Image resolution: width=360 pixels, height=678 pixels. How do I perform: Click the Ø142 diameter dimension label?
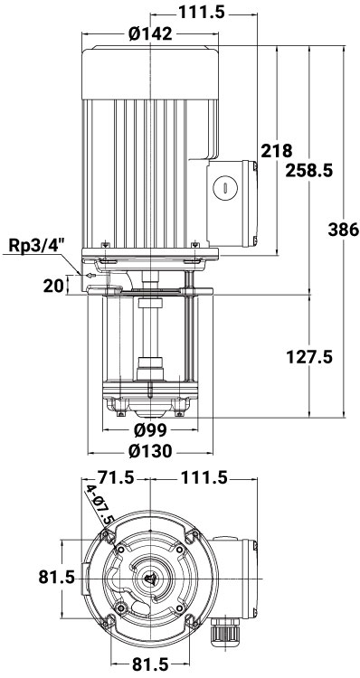pyautogui.click(x=150, y=33)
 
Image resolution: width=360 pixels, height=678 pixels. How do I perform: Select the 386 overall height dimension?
pyautogui.click(x=344, y=230)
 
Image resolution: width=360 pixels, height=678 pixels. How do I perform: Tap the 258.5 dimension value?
pyautogui.click(x=309, y=170)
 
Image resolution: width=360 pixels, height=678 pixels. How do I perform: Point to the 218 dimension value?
pyautogui.click(x=277, y=151)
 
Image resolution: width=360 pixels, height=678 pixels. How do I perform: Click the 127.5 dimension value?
pyautogui.click(x=309, y=357)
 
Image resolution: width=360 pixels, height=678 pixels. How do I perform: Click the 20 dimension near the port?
pyautogui.click(x=53, y=286)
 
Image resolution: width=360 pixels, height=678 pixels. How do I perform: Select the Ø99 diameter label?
pyautogui.click(x=150, y=430)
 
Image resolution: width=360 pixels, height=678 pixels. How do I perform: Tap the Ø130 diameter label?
pyautogui.click(x=150, y=451)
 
